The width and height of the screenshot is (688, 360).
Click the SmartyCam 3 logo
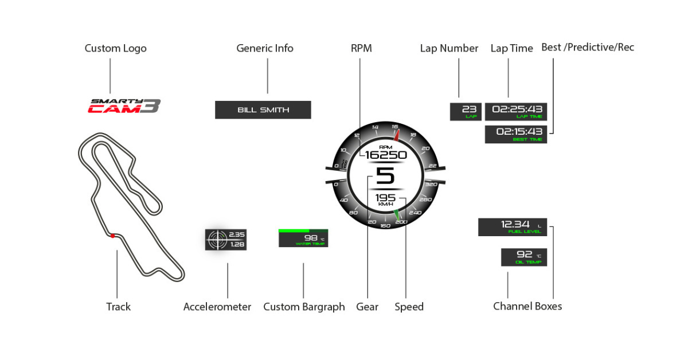(124, 106)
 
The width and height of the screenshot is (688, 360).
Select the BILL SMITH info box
(263, 110)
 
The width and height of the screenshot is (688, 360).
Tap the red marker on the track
(113, 236)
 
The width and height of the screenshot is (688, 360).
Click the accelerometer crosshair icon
(217, 239)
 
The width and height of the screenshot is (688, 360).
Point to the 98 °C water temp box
(303, 238)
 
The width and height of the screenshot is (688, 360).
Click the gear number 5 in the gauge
(385, 175)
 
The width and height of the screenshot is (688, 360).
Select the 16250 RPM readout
(385, 155)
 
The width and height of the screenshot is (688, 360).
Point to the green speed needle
(396, 215)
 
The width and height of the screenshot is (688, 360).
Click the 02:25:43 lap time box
(516, 111)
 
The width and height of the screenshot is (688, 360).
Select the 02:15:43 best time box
(516, 134)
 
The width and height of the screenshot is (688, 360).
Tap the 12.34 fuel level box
(513, 227)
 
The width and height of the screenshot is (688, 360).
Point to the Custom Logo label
(115, 48)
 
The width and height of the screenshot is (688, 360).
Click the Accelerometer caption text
(217, 307)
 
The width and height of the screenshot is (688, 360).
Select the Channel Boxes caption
(527, 306)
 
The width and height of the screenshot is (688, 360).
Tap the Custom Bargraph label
(304, 307)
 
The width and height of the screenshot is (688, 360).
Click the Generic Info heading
(265, 48)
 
